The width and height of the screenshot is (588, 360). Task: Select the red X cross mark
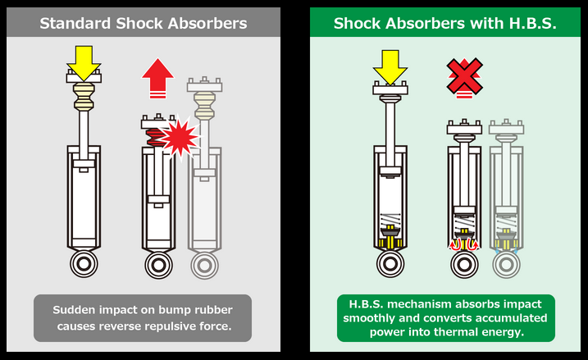tap(463, 76)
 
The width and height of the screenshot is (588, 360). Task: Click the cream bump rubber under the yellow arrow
tap(84, 97)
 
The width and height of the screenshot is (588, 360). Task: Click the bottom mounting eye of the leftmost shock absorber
tap(84, 264)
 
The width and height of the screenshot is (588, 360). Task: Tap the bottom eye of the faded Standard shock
tap(204, 265)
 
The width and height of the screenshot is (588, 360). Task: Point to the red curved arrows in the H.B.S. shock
tap(464, 244)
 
